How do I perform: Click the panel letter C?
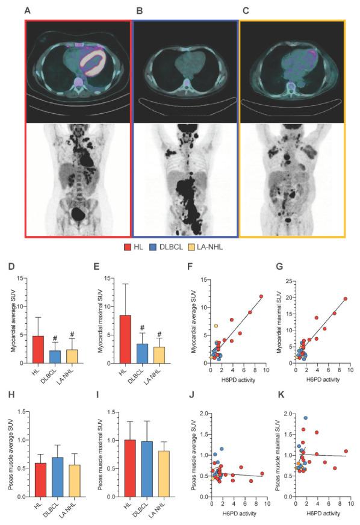pyautogui.click(x=244, y=10)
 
